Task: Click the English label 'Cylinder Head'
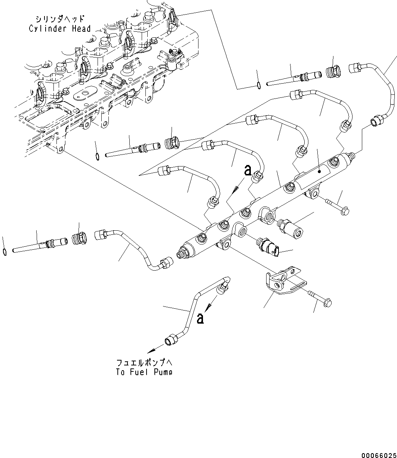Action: (60, 29)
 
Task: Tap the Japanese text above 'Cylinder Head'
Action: (60, 19)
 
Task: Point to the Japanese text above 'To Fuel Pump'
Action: (144, 362)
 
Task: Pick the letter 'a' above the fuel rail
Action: (247, 171)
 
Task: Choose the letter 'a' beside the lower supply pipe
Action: (200, 318)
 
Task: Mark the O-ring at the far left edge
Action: (4, 252)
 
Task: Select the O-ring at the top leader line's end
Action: (258, 86)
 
